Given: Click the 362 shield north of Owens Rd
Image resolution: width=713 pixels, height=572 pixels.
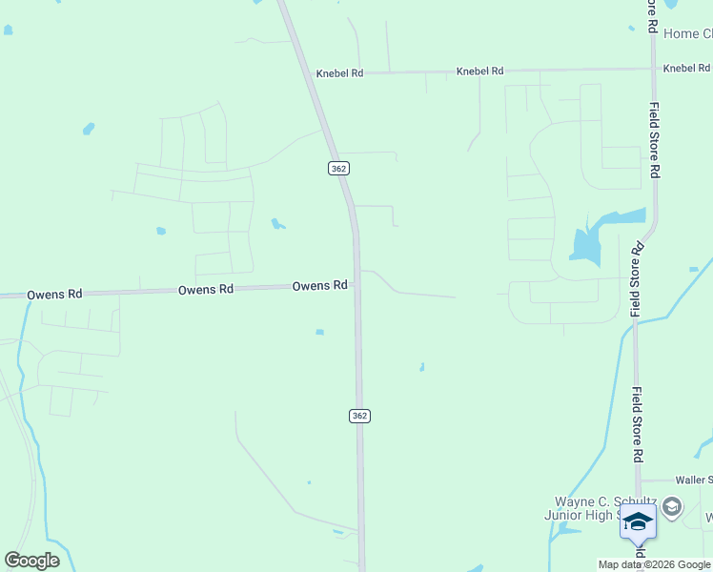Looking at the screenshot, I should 339,168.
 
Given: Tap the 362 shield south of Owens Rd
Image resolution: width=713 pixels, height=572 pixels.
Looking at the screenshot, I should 358,416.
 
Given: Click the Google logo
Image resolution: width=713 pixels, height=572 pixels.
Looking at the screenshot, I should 32,561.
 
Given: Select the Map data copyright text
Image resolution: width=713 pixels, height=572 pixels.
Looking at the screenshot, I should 655,564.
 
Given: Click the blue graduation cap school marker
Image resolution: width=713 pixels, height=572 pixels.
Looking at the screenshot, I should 638,523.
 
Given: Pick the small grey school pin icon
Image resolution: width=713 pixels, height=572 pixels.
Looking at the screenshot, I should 672,506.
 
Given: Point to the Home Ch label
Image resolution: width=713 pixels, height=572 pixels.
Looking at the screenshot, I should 687,33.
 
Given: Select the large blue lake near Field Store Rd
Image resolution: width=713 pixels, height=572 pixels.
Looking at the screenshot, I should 591,238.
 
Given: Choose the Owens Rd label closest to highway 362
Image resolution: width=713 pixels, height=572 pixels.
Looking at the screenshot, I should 319,285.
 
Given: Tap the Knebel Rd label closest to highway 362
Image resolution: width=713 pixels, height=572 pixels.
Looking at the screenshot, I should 339,72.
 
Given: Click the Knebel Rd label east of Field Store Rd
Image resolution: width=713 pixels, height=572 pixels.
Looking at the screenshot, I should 686,68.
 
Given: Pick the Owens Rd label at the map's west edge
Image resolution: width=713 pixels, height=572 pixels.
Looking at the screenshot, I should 54,295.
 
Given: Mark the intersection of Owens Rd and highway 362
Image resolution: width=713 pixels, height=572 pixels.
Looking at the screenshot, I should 356,284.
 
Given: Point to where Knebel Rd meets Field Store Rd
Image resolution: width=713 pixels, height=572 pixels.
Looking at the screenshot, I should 654,69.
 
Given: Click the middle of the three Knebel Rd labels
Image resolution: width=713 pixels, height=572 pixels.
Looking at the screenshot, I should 479,71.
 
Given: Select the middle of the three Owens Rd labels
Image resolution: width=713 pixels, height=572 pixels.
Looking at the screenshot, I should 206,289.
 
